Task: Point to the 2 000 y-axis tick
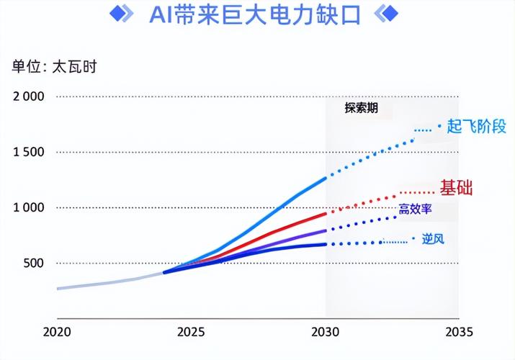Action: click(28, 96)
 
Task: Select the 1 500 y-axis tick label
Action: click(28, 152)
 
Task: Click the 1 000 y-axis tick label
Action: click(28, 207)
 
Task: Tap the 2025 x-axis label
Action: click(191, 332)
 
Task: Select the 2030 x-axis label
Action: click(325, 332)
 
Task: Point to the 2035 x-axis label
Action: click(459, 332)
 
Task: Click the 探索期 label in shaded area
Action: click(361, 109)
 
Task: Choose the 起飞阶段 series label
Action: click(476, 127)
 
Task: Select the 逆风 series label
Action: click(432, 238)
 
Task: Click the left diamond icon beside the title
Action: click(123, 14)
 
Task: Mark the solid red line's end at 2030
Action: click(326, 213)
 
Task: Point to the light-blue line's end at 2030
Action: click(326, 176)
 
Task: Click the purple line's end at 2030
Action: click(326, 230)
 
